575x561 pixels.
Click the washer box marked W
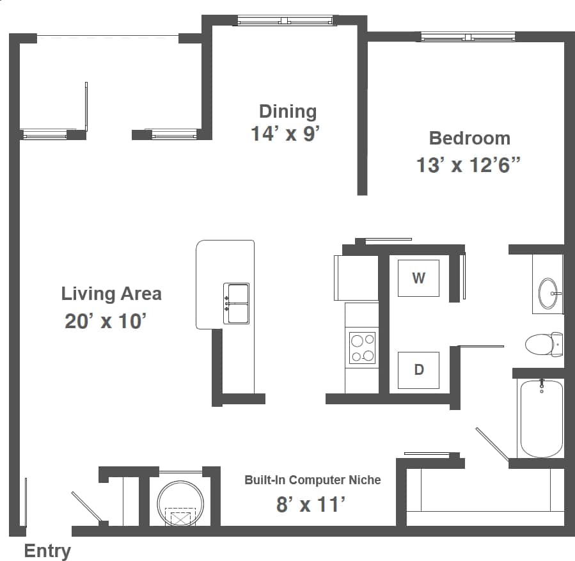(x=418, y=278)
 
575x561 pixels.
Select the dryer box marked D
(x=418, y=370)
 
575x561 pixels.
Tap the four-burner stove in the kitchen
(x=362, y=348)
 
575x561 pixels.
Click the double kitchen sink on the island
(x=236, y=304)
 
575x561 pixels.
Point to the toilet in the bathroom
(x=543, y=345)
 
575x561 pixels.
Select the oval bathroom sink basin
(x=549, y=294)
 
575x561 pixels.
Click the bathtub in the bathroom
(x=541, y=418)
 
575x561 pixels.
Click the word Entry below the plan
(x=47, y=551)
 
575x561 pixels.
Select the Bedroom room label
(x=469, y=138)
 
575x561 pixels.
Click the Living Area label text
(x=111, y=294)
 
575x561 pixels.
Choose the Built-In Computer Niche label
(x=312, y=480)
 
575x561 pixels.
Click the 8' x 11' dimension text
(x=311, y=505)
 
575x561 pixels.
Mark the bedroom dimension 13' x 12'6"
(x=469, y=165)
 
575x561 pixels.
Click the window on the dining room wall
(x=286, y=21)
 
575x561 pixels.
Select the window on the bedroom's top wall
(x=468, y=37)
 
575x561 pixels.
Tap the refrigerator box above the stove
(x=356, y=278)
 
